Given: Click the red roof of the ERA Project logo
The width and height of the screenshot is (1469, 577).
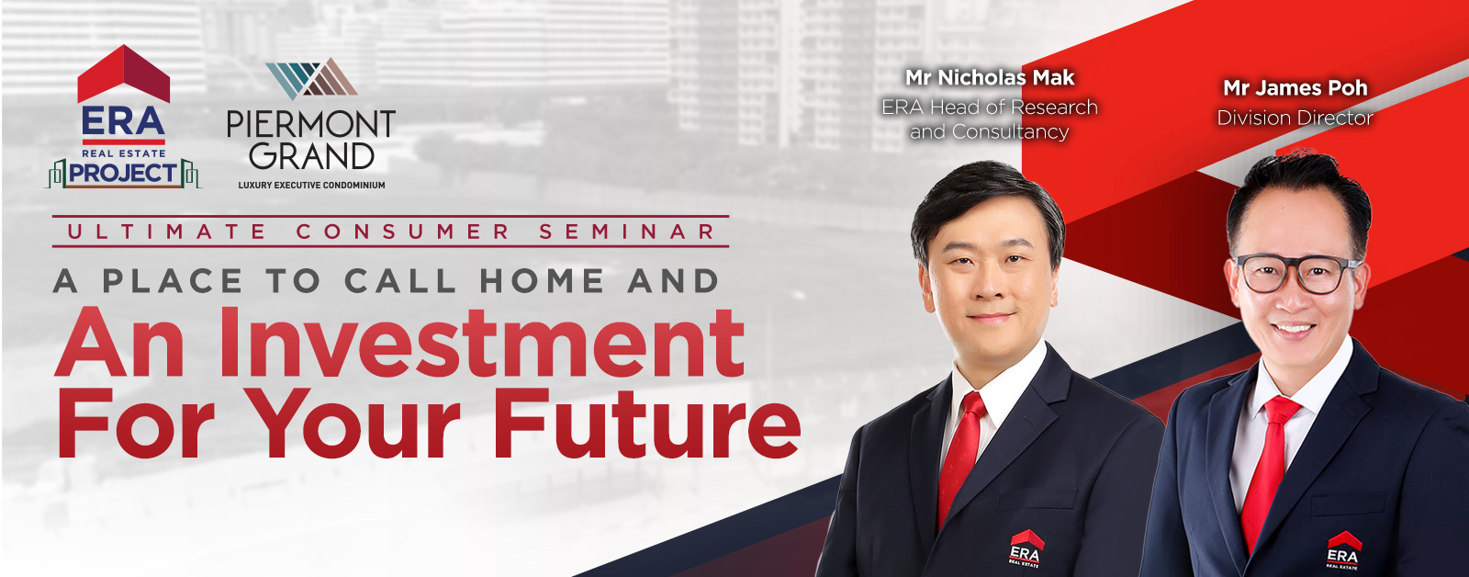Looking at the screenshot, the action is pos(123,74).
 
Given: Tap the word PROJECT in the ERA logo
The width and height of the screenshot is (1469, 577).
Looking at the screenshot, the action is pos(123,174).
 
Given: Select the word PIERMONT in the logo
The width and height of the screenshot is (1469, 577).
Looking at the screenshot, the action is pos(311,123).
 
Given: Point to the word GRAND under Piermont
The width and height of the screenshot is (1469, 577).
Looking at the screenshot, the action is pos(311,156).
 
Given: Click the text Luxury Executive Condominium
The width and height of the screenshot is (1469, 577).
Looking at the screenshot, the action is pos(311,185).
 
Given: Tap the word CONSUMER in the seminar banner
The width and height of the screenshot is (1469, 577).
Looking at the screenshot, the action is pos(403,232).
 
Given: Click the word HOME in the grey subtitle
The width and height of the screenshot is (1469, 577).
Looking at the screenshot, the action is pos(542,281).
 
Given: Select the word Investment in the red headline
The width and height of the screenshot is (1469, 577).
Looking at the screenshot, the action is pos(482,343).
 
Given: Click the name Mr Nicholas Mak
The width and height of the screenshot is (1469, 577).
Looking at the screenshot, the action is pos(990,78).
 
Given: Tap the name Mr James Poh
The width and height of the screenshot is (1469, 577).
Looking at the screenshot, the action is pos(1295,88).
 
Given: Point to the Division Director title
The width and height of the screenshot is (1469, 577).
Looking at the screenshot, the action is pos(1295,119).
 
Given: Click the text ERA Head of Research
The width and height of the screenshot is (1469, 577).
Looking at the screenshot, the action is pos(990,107).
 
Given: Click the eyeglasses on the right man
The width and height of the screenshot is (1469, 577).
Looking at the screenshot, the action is pos(1296,273).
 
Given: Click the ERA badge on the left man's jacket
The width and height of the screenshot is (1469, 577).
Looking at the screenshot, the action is pos(1025,549).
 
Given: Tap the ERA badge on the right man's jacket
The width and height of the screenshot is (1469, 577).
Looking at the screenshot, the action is pos(1343,550).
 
